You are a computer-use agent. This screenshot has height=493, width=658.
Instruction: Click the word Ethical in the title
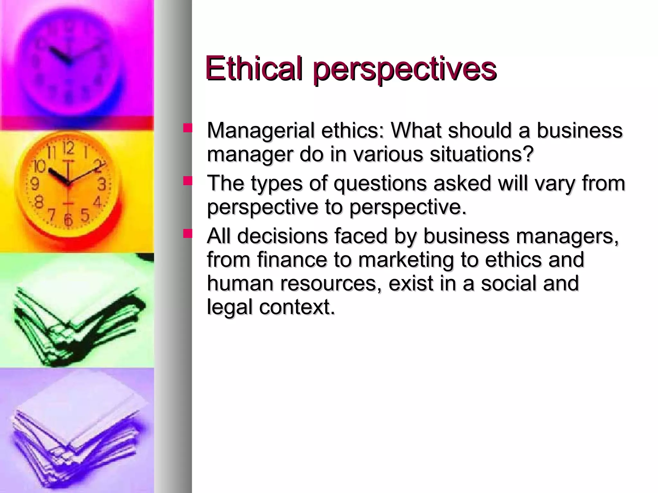click(x=254, y=68)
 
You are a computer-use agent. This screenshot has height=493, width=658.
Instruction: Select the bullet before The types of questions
click(x=187, y=182)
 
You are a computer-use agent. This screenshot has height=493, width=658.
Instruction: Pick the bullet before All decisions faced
click(x=187, y=234)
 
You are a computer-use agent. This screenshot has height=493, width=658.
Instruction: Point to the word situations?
click(x=482, y=154)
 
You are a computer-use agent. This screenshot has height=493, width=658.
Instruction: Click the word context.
click(x=297, y=307)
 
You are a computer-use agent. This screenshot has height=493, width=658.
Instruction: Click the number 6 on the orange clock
click(x=68, y=220)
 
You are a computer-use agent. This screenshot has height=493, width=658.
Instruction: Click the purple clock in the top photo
click(x=68, y=58)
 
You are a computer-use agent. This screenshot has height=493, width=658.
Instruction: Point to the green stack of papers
click(x=77, y=324)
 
